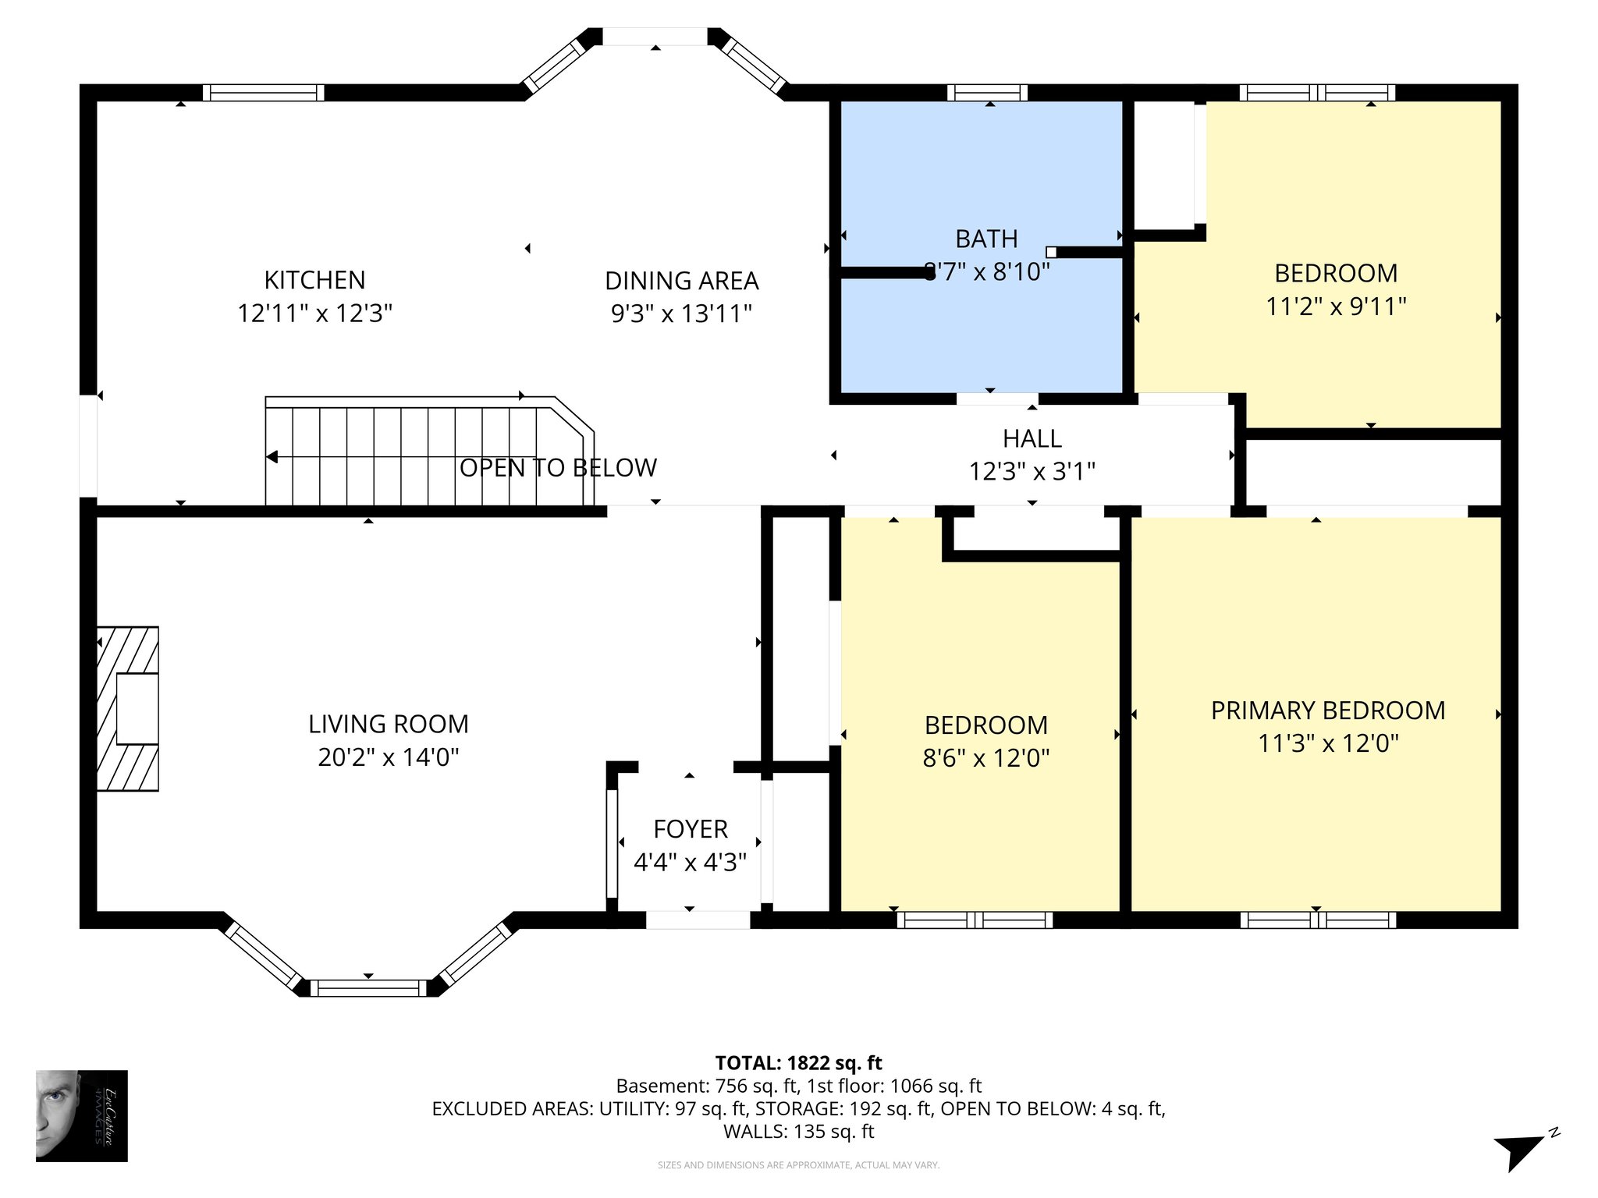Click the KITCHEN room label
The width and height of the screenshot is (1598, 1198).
tap(314, 280)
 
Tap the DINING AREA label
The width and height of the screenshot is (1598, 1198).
tap(681, 281)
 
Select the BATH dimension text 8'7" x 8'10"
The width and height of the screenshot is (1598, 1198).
tap(987, 272)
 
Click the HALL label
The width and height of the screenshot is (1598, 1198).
tap(1032, 439)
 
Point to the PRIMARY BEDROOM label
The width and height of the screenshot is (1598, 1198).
tap(1327, 711)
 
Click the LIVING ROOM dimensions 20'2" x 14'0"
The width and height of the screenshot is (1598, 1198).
tap(388, 757)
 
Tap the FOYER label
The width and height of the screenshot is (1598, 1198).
tap(690, 829)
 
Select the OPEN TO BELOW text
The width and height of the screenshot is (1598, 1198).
tap(558, 468)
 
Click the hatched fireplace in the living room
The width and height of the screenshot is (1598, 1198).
tap(127, 708)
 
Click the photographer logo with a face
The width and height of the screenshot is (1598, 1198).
tap(81, 1115)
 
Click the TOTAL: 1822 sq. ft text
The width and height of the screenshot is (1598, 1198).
tap(798, 1063)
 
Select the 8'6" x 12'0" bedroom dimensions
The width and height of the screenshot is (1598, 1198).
tap(985, 758)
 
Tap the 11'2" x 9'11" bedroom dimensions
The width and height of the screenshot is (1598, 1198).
tap(1335, 307)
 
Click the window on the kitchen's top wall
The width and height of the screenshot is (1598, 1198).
tap(263, 93)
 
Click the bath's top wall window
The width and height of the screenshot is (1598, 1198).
tap(987, 93)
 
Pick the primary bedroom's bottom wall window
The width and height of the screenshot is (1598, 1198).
tap(1317, 920)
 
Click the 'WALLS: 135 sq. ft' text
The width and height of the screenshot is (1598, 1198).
tap(798, 1132)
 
